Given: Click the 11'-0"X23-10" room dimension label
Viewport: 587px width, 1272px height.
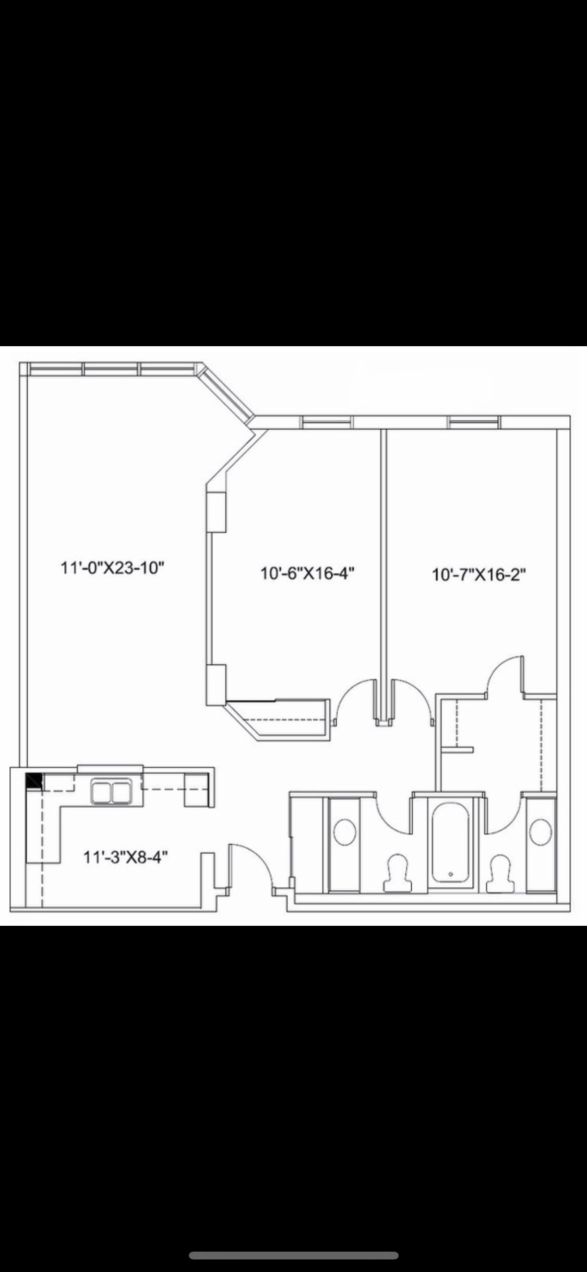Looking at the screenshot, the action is (x=113, y=567).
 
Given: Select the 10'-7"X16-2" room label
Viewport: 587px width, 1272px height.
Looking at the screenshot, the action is (x=478, y=575).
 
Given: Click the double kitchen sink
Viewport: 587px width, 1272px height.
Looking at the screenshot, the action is (x=111, y=792).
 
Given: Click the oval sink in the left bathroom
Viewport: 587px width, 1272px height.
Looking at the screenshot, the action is (x=344, y=832).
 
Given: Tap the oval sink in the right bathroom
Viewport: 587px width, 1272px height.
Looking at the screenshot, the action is (x=541, y=832).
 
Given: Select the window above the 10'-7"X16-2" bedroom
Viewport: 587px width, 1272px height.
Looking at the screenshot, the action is (x=474, y=422).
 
